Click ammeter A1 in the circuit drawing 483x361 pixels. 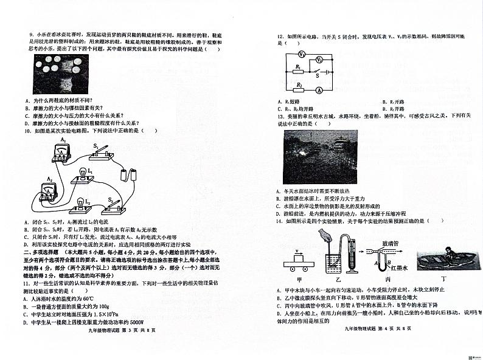point(61,151)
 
